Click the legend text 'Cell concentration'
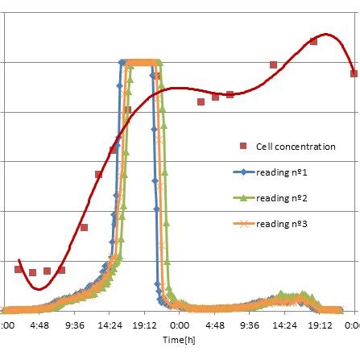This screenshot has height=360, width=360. click(295, 147)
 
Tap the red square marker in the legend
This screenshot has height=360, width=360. click(242, 146)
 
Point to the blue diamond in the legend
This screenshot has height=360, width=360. click(242, 172)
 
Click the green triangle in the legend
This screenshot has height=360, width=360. click(242, 197)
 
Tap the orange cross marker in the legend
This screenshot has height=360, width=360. click(242, 223)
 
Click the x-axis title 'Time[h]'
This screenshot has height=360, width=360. click(176, 341)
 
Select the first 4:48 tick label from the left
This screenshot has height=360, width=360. click(39, 326)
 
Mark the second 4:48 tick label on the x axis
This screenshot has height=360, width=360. click(215, 326)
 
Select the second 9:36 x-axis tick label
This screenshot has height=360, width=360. click(250, 326)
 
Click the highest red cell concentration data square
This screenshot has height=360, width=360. click(313, 41)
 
